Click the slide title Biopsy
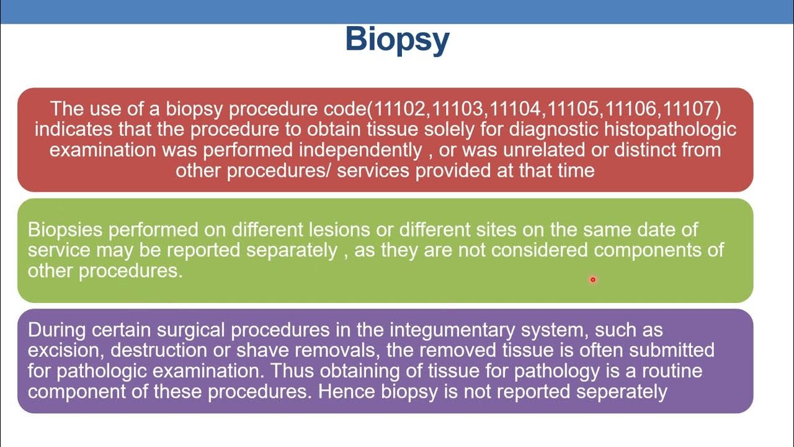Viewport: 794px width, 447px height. point(397,40)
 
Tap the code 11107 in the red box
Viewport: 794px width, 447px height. point(690,109)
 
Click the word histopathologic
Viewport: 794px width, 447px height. point(670,130)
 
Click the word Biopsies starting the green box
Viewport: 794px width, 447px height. point(65,230)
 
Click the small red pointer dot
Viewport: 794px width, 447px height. point(592,280)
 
